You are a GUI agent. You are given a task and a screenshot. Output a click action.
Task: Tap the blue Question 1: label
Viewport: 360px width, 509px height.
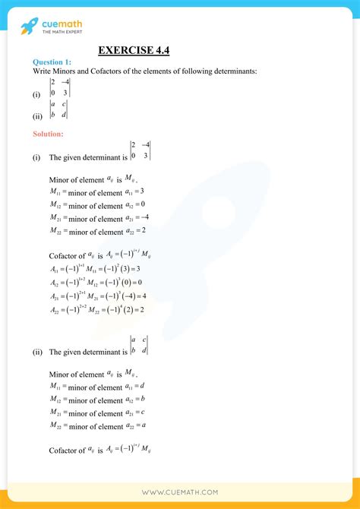click(x=52, y=62)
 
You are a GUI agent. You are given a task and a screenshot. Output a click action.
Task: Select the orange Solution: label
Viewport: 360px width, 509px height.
click(x=48, y=134)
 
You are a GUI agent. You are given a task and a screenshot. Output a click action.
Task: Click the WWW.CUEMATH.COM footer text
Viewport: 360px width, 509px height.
click(x=179, y=493)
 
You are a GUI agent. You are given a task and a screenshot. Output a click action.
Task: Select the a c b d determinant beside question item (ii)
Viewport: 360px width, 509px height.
click(x=60, y=109)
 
